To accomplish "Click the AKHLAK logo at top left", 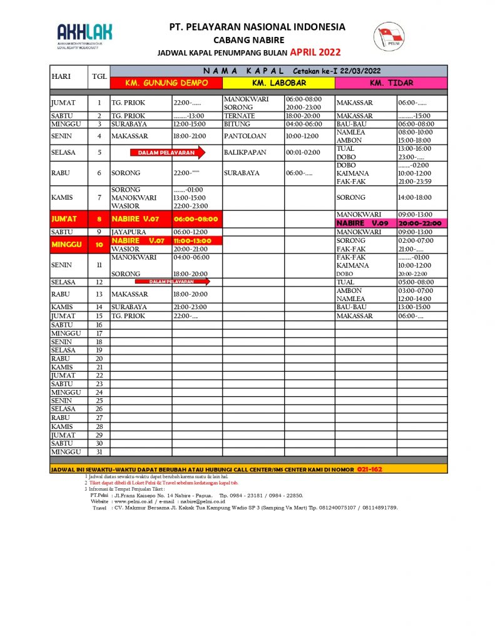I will tap(84, 36).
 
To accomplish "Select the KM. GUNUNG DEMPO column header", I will tap(166, 83).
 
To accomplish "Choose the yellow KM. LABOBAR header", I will tap(278, 83).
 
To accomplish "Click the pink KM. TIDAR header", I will tap(391, 83).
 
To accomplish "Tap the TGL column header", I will tap(99, 77).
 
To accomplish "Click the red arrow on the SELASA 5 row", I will tap(167, 152).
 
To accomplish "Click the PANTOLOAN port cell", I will tap(245, 136).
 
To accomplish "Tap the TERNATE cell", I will tap(238, 116).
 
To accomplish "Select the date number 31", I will tap(99, 451).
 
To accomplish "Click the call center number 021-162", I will tap(369, 469).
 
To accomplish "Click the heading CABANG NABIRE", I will tap(257, 39).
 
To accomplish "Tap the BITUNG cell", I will tap(237, 124).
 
